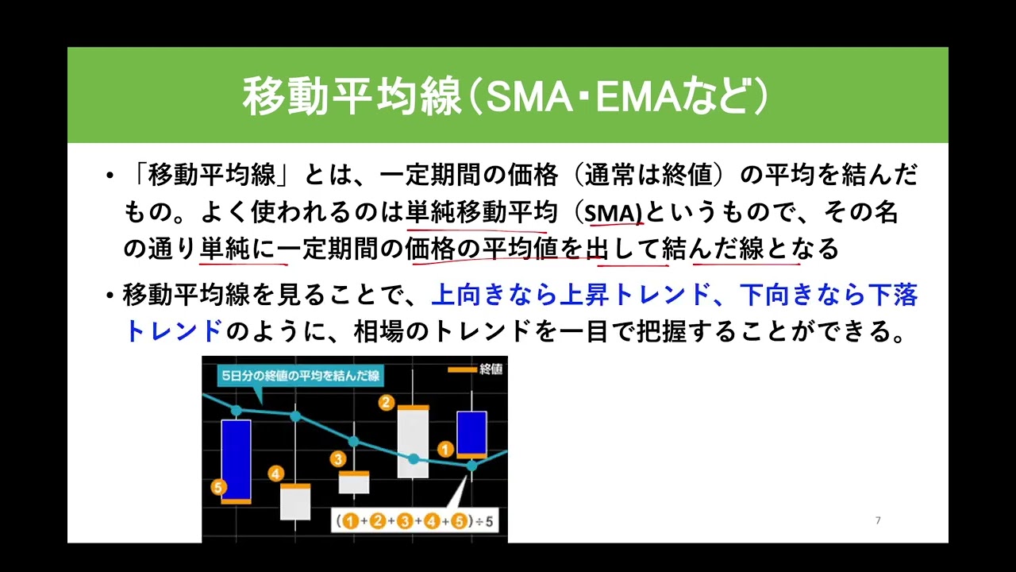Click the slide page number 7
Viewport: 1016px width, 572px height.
click(878, 520)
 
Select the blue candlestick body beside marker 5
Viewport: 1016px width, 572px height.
click(237, 459)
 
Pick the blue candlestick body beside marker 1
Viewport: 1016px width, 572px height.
click(471, 433)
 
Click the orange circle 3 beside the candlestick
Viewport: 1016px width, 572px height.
click(338, 459)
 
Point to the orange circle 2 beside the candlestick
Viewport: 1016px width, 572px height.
click(387, 402)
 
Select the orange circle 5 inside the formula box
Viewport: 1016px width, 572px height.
click(459, 521)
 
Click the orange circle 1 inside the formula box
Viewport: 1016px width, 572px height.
click(350, 521)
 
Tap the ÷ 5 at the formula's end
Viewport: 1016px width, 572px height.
click(484, 521)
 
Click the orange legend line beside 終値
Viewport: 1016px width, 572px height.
click(462, 369)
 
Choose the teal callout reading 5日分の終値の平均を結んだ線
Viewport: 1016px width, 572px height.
click(300, 376)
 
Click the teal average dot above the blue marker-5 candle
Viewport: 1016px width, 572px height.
click(237, 411)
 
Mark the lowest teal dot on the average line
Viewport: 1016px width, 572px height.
click(471, 466)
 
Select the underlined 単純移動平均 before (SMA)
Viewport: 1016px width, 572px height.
click(482, 212)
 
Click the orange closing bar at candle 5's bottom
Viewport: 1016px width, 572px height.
click(237, 501)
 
